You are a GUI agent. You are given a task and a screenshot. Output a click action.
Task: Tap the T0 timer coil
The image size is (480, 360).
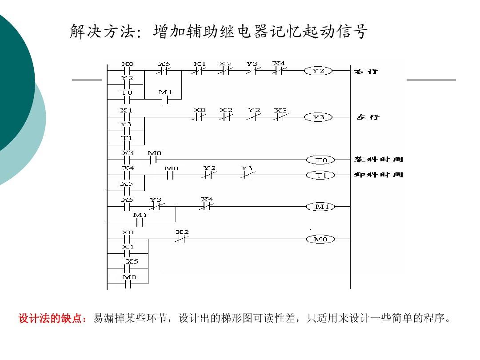tap(321, 160)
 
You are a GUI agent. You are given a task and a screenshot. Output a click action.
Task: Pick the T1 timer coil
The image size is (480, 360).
tap(321, 175)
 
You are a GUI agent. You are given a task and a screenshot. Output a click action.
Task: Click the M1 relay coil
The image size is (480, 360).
tap(321, 207)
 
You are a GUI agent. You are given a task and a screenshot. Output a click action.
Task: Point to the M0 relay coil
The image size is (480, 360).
tap(321, 239)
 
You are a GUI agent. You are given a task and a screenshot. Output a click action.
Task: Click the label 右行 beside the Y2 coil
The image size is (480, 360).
tap(366, 71)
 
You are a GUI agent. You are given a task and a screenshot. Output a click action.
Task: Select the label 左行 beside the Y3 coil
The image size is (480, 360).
tap(368, 117)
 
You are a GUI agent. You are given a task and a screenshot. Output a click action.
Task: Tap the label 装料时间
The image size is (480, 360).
tap(378, 159)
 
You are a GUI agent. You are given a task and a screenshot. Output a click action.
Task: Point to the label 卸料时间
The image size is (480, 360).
tap(378, 175)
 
